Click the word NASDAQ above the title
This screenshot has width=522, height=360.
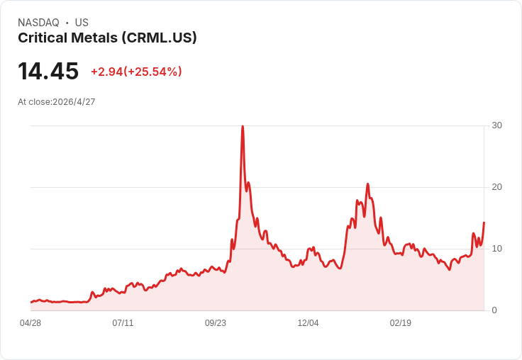pyautogui.click(x=38, y=23)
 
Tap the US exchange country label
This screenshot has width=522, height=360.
pyautogui.click(x=82, y=23)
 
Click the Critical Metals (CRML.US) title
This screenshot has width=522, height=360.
pyautogui.click(x=107, y=38)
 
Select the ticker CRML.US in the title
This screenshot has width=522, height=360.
pyautogui.click(x=159, y=38)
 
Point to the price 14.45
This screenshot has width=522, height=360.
pyautogui.click(x=48, y=71)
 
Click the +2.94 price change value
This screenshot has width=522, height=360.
pyautogui.click(x=107, y=72)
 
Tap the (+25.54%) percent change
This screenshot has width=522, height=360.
pyautogui.click(x=152, y=72)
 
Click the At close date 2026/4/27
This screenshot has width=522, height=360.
pyautogui.click(x=74, y=102)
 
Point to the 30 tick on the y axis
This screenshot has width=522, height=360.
pyautogui.click(x=496, y=125)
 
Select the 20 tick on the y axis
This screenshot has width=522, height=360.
pyautogui.click(x=496, y=187)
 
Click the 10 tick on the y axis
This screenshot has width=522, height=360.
pyautogui.click(x=496, y=249)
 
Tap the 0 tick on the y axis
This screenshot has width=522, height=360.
pyautogui.click(x=494, y=310)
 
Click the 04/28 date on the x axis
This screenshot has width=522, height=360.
pyautogui.click(x=30, y=323)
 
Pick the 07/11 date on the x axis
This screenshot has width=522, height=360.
pyautogui.click(x=123, y=323)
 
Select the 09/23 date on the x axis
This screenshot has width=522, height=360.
pyautogui.click(x=216, y=323)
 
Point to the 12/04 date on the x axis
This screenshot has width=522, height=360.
pyautogui.click(x=308, y=323)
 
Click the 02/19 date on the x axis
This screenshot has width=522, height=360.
pyautogui.click(x=401, y=323)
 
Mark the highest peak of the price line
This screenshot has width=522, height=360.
pyautogui.click(x=243, y=126)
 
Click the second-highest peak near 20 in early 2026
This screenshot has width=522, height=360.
pyautogui.click(x=367, y=184)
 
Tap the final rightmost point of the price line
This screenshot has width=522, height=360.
pyautogui.click(x=484, y=223)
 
